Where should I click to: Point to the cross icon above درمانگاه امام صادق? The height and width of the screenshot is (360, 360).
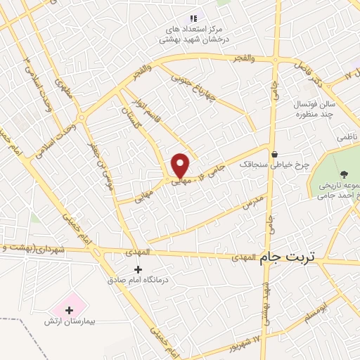pos(138,269)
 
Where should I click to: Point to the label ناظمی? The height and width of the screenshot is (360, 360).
pos(347,136)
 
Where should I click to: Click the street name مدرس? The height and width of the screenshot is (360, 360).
pos(252,203)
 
